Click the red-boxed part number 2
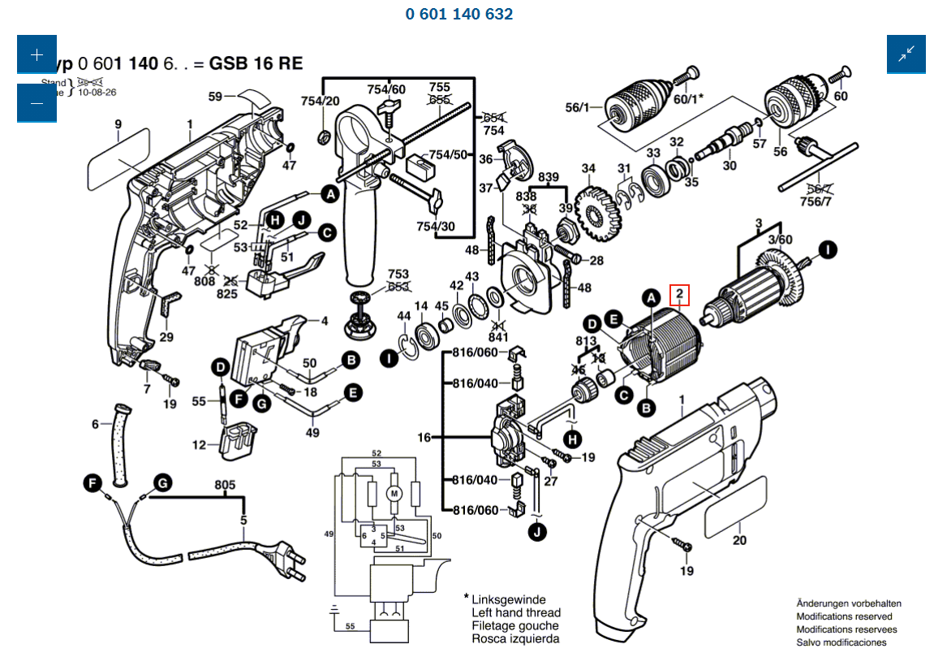pyautogui.click(x=678, y=295)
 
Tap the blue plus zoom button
pyautogui.click(x=37, y=55)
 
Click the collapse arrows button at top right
pyautogui.click(x=906, y=54)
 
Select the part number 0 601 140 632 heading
pyautogui.click(x=458, y=14)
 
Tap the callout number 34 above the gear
pyautogui.click(x=588, y=169)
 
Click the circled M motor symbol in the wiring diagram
pyautogui.click(x=394, y=493)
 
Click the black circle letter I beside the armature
pyautogui.click(x=827, y=250)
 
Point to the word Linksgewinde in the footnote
pyautogui.click(x=509, y=600)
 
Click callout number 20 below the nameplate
pyautogui.click(x=739, y=540)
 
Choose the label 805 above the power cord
pyautogui.click(x=225, y=486)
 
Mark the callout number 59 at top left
pyautogui.click(x=215, y=97)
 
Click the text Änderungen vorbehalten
pyautogui.click(x=848, y=603)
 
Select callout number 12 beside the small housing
pyautogui.click(x=199, y=445)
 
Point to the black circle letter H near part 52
pyautogui.click(x=275, y=220)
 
